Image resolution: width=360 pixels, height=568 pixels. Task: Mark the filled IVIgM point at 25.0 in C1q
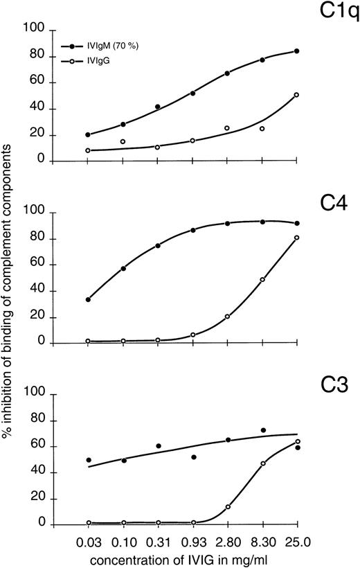[x=297, y=51]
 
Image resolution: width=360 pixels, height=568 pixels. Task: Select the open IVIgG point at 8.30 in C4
[x=262, y=280]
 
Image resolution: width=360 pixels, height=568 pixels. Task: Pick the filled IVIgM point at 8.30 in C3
[x=262, y=430]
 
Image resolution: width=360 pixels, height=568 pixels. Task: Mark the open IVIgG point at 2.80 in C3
[x=228, y=507]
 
